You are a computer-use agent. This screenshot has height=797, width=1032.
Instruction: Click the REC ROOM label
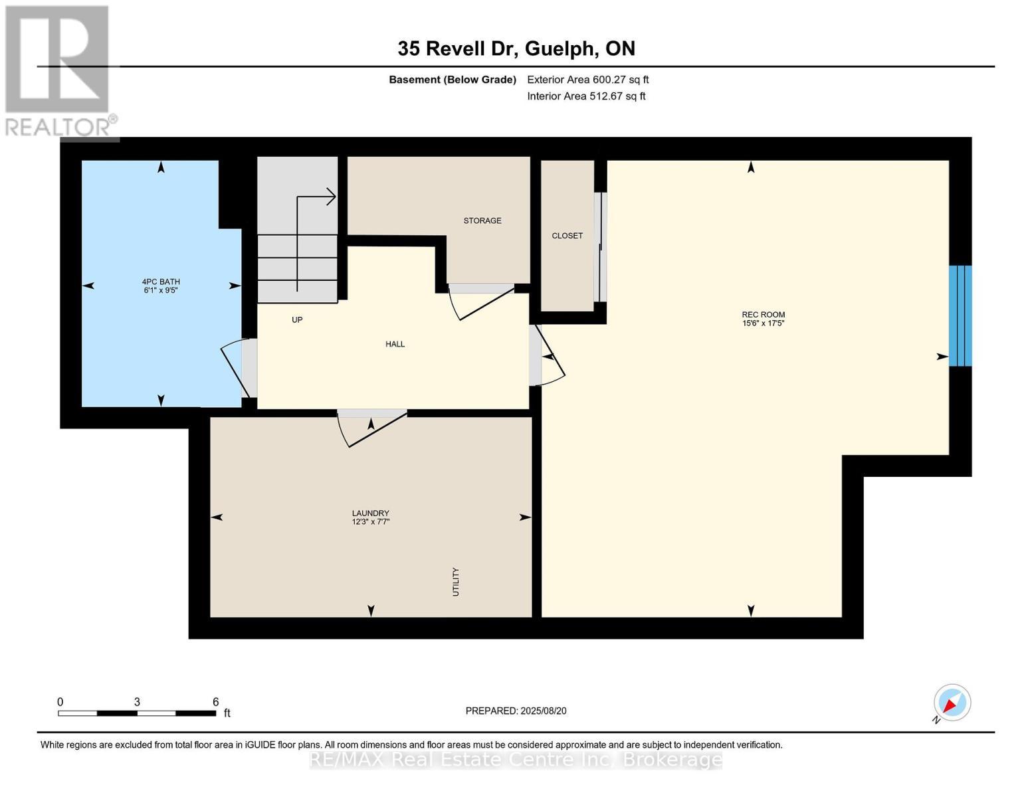[x=763, y=314]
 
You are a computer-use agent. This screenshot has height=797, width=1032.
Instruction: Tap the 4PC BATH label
[x=161, y=282]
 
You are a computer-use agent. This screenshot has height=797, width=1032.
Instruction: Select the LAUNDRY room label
[x=370, y=513]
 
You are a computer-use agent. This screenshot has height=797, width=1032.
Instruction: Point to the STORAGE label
[x=482, y=221]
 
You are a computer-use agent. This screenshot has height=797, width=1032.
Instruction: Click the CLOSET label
[x=567, y=236]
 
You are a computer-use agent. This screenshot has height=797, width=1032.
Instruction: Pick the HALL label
[x=395, y=344]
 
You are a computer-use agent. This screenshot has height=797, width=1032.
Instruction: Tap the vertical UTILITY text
[x=455, y=582]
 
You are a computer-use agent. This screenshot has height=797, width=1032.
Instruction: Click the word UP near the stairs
[x=297, y=320]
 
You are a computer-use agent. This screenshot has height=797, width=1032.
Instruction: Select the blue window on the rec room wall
[x=960, y=315]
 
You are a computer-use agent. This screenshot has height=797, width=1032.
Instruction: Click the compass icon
[x=952, y=703]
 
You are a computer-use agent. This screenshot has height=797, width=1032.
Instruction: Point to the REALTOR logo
[x=61, y=71]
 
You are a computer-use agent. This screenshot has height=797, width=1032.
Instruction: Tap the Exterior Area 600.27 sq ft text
[x=588, y=80]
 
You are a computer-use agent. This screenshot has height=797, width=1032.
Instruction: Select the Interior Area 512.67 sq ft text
[x=586, y=96]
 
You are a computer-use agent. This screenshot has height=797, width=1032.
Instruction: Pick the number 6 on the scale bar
[x=215, y=701]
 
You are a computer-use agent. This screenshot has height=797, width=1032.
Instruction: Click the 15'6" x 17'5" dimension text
[x=763, y=323]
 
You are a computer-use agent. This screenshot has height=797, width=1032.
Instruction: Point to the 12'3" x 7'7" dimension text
[x=370, y=521]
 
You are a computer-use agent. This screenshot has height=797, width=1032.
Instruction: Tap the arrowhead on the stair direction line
[x=331, y=197]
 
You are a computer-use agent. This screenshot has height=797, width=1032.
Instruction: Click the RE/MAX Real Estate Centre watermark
[x=516, y=760]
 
